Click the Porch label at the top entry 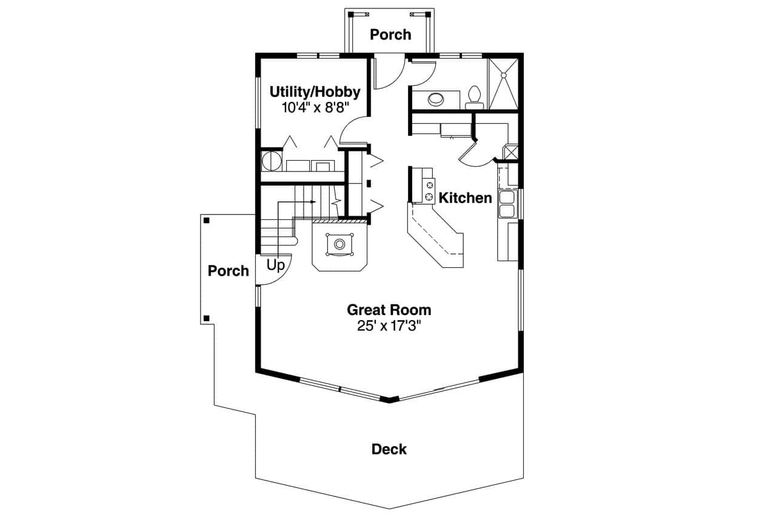[390, 35]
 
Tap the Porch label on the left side [228, 271]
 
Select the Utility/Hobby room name [315, 92]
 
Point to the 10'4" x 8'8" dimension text [315, 108]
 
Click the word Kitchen [465, 198]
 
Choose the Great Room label [389, 310]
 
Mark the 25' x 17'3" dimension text [389, 325]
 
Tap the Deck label [389, 449]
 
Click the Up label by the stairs [275, 265]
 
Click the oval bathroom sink [435, 98]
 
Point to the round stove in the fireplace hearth [339, 244]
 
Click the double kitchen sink [506, 204]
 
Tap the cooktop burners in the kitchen [430, 190]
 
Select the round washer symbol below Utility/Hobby [271, 162]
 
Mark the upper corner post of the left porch [207, 220]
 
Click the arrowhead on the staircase [313, 201]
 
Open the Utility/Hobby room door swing [353, 130]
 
